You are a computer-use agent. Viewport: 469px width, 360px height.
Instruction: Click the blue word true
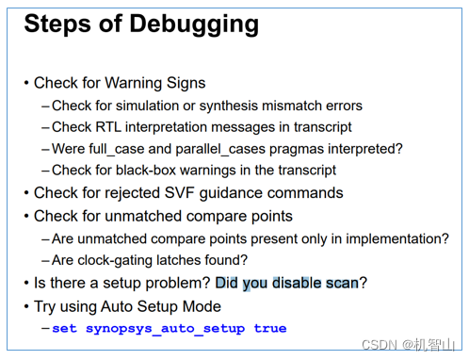pyautogui.click(x=269, y=329)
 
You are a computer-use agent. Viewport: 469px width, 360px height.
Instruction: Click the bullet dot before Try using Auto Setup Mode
pyautogui.click(x=26, y=306)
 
